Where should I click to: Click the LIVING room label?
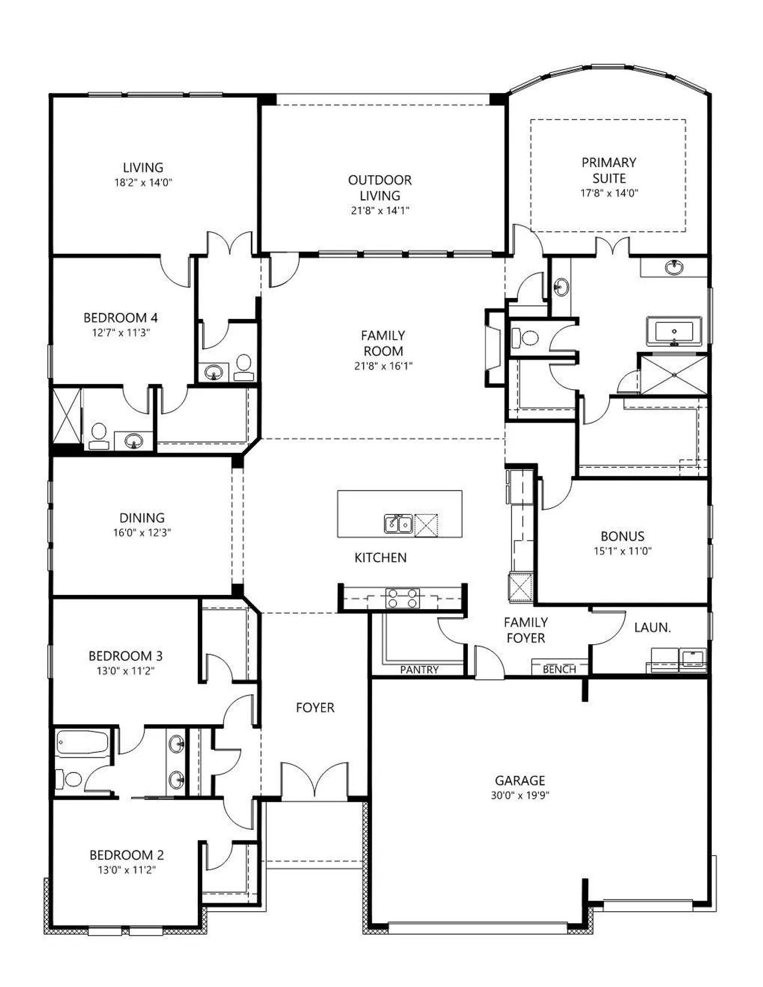143,167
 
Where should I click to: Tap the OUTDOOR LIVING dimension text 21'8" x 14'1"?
380,211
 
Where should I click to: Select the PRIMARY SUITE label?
609,170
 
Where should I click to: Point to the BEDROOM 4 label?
121,318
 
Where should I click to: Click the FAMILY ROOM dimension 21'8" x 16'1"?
383,366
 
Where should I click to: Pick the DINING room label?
142,518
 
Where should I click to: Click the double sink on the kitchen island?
398,524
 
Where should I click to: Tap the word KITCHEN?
380,558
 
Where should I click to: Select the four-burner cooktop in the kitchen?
402,598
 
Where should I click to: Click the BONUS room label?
622,536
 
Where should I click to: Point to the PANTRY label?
419,669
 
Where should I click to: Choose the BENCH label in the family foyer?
559,669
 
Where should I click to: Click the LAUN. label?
653,628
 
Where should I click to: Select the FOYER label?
315,707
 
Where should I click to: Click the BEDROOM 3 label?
125,656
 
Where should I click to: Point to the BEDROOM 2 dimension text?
126,870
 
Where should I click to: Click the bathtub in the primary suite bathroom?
674,331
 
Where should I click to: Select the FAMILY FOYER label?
526,630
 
